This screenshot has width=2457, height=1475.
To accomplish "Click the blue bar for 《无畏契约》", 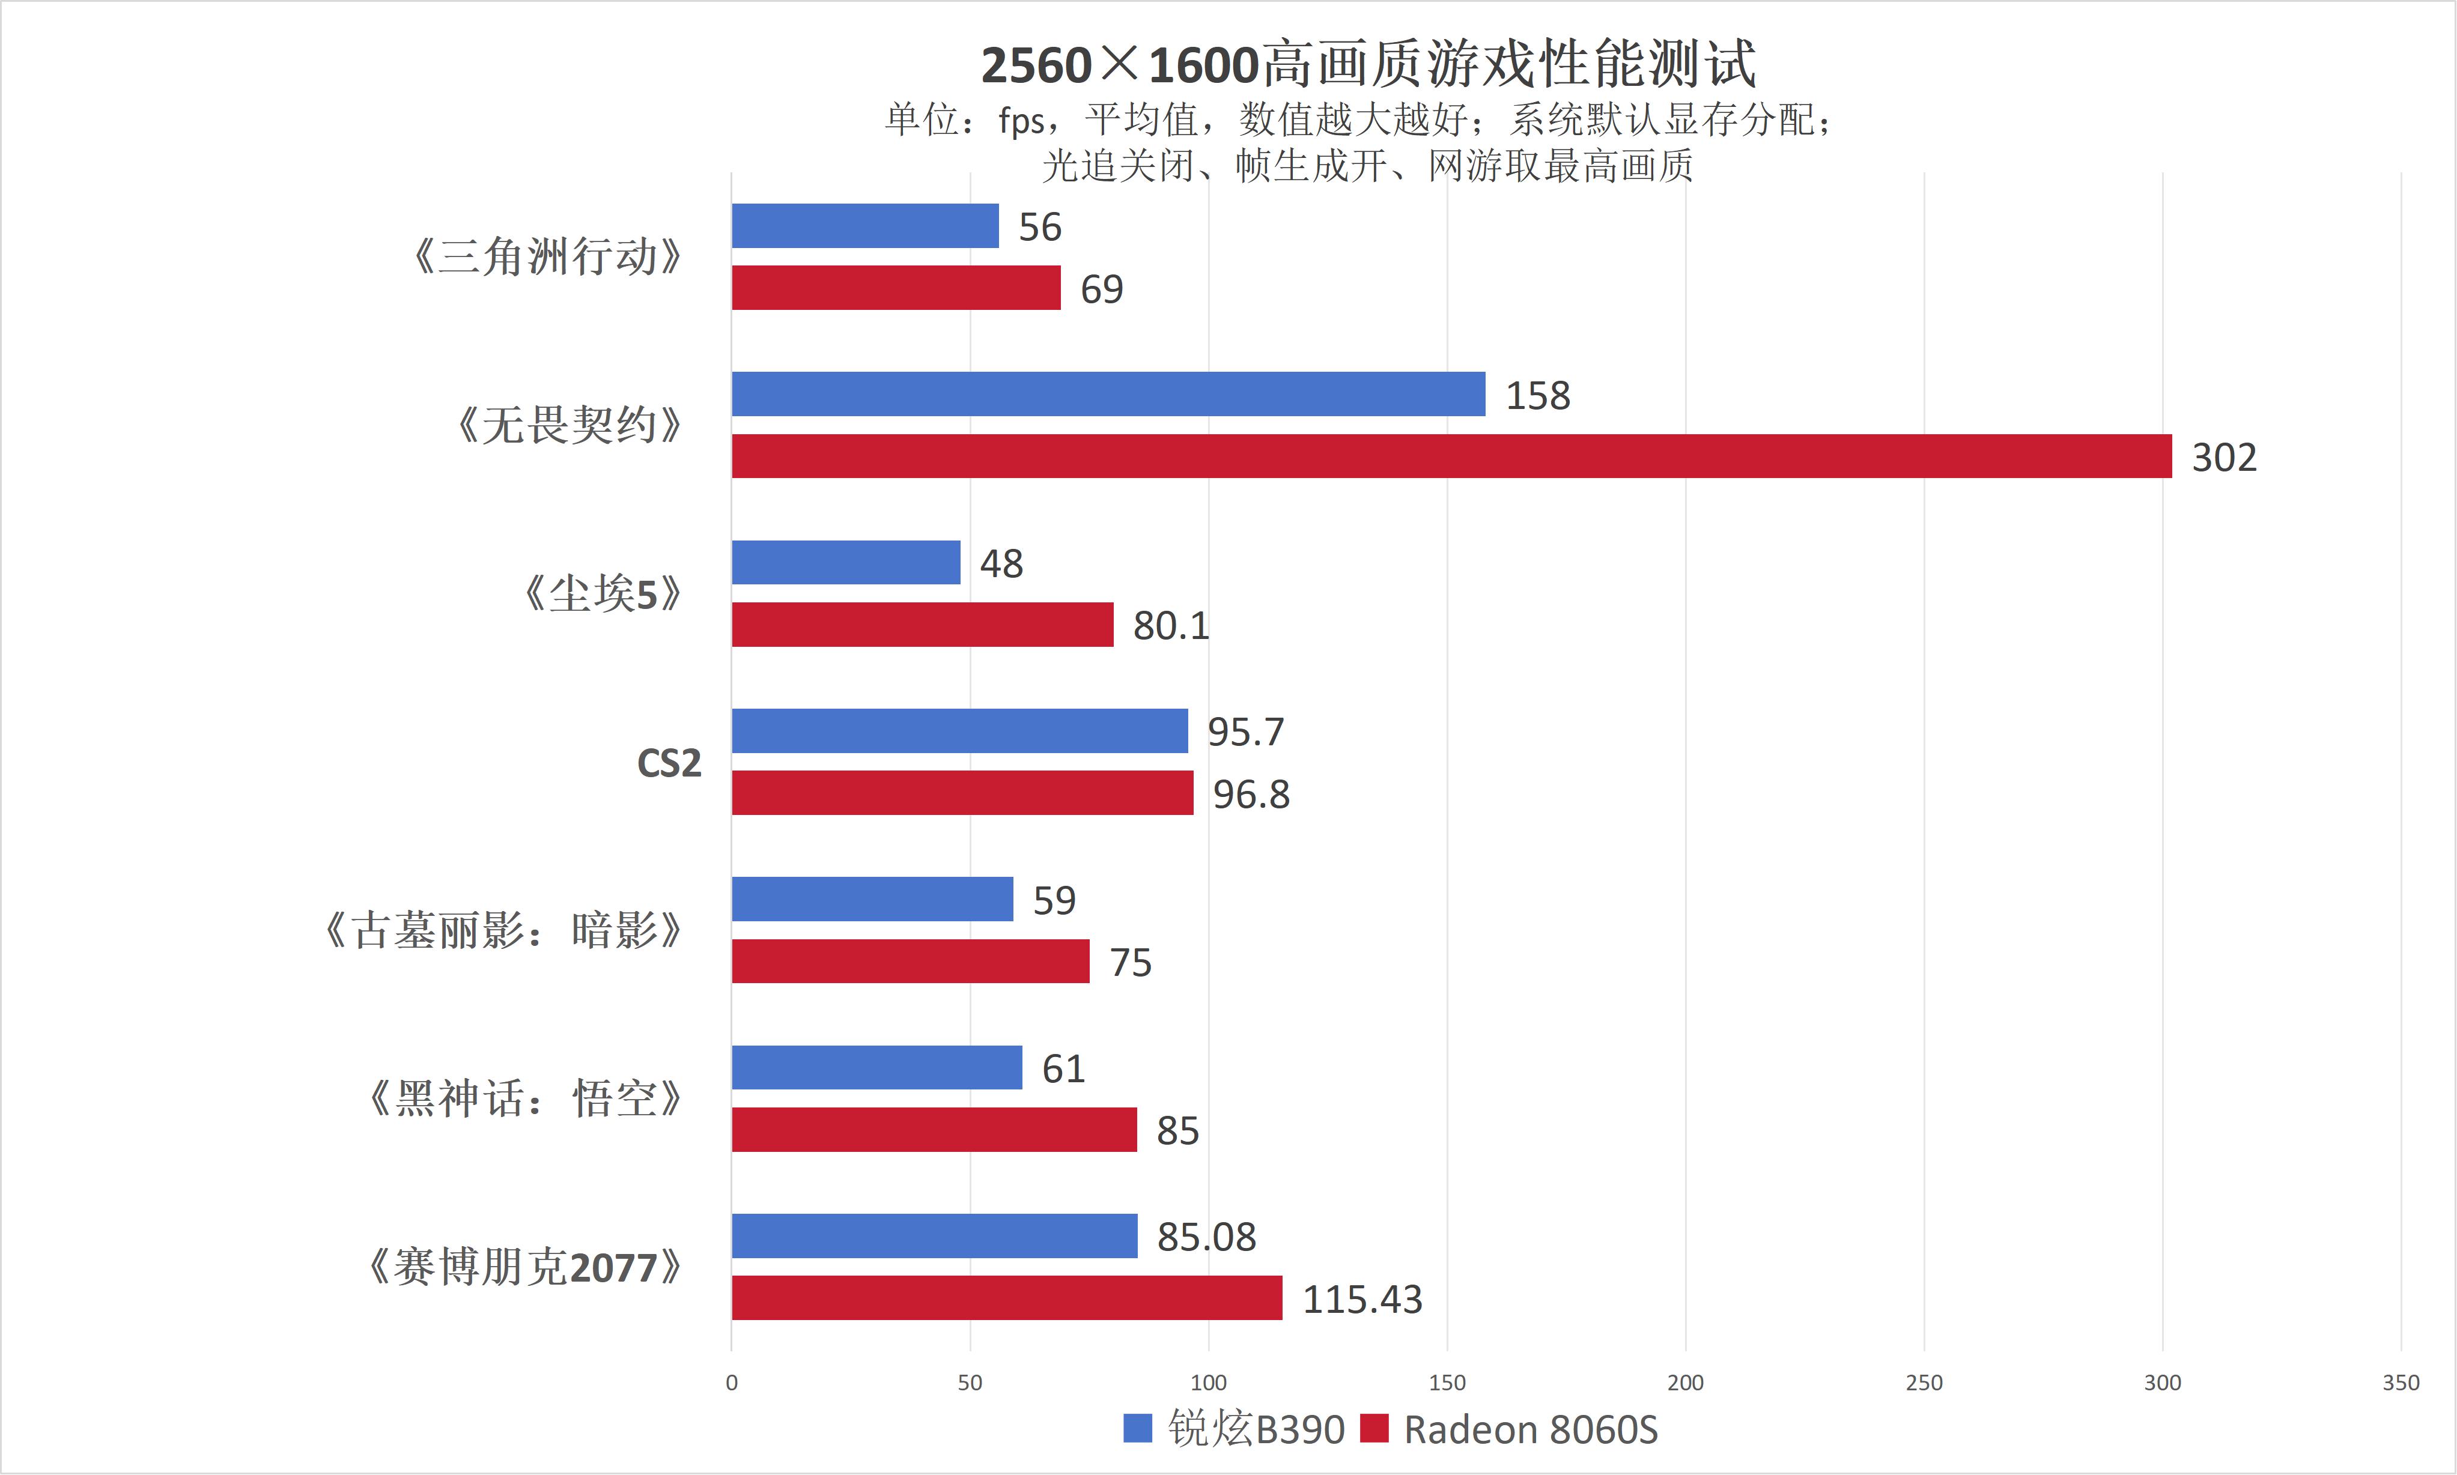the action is (x=1108, y=393).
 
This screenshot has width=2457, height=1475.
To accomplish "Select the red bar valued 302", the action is (x=1452, y=456).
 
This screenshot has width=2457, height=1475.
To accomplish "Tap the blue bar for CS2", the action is (x=960, y=730).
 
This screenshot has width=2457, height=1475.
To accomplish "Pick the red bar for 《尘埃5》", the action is (x=922, y=624).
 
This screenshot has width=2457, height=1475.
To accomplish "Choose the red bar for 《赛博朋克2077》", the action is (x=1007, y=1298).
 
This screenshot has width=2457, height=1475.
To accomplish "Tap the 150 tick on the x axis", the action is (x=1447, y=1383).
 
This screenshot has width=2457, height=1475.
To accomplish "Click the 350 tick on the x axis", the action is (x=2401, y=1383).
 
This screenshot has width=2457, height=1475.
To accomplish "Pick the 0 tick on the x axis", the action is (x=732, y=1383).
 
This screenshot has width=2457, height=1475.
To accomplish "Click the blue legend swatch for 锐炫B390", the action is (x=1137, y=1428).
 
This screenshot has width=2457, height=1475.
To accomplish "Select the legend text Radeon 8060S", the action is (x=1531, y=1429).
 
